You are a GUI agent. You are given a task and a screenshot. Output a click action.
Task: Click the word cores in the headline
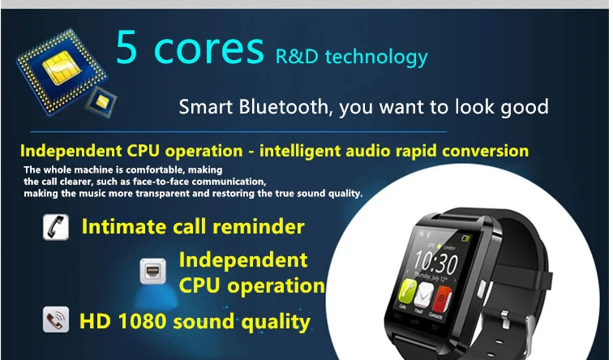point(212,49)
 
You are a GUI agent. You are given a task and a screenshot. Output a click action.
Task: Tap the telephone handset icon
point(55,226)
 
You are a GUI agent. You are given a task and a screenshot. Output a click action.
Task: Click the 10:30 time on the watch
point(436,261)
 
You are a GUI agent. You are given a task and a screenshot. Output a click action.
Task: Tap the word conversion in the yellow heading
point(483,151)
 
